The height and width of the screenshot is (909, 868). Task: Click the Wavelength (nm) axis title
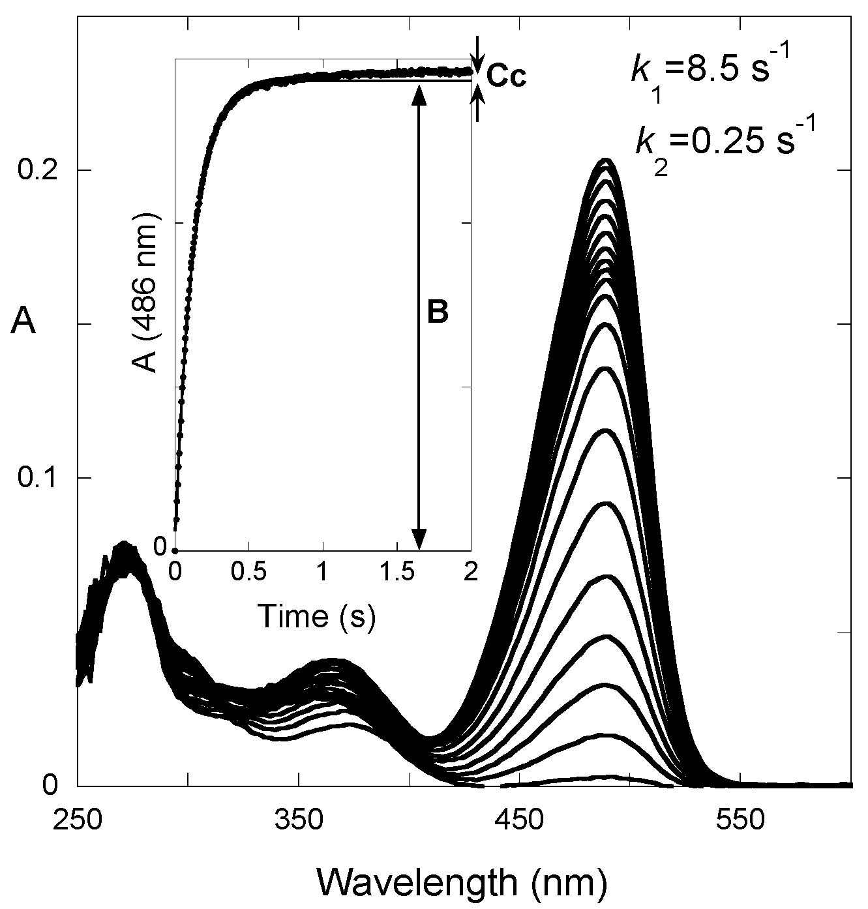pyautogui.click(x=463, y=882)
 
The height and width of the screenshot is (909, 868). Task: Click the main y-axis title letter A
pyautogui.click(x=23, y=322)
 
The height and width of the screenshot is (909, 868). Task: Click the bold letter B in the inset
pyautogui.click(x=438, y=314)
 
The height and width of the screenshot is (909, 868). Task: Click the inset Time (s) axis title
pyautogui.click(x=317, y=617)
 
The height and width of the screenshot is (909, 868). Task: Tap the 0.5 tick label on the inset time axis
pyautogui.click(x=248, y=572)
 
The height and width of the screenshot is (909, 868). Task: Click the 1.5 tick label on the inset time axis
pyautogui.click(x=395, y=572)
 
